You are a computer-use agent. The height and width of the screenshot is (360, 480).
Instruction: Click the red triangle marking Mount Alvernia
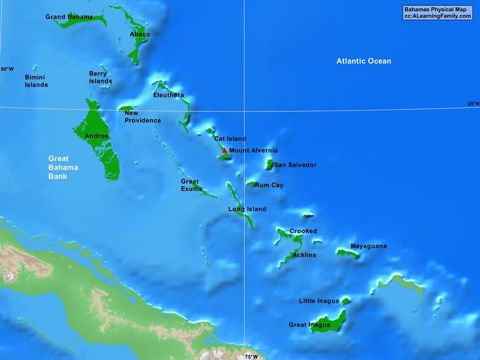(x=224, y=151)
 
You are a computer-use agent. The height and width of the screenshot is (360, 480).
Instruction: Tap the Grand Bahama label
(x=69, y=17)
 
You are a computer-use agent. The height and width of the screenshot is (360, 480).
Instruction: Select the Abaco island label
(x=140, y=34)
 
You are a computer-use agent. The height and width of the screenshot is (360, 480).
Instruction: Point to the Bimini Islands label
(x=36, y=81)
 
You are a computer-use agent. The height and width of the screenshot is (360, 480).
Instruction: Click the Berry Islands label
(x=100, y=77)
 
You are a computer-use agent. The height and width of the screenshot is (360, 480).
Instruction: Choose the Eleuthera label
(x=168, y=95)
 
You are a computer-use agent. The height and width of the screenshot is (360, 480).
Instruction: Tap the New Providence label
(x=142, y=117)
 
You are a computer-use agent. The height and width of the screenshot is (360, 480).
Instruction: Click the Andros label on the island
(x=97, y=136)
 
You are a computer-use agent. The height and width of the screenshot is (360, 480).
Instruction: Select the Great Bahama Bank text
(x=63, y=167)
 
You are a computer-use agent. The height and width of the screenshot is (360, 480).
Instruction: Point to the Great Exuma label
(x=191, y=185)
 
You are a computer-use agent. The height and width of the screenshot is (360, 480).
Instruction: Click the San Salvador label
(x=295, y=165)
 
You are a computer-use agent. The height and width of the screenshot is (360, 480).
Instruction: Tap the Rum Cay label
(x=269, y=185)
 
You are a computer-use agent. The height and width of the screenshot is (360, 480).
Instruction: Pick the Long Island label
(x=247, y=209)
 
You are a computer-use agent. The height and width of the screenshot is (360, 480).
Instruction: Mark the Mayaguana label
(x=368, y=246)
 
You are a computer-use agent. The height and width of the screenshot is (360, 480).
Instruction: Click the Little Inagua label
(x=319, y=301)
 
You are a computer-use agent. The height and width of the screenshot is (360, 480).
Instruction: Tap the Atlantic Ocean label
(x=363, y=61)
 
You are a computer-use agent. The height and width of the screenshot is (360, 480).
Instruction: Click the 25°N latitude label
(x=473, y=104)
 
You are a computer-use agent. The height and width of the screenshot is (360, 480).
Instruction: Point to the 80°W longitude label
(x=7, y=69)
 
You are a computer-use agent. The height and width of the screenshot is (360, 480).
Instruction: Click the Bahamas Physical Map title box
(x=438, y=13)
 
